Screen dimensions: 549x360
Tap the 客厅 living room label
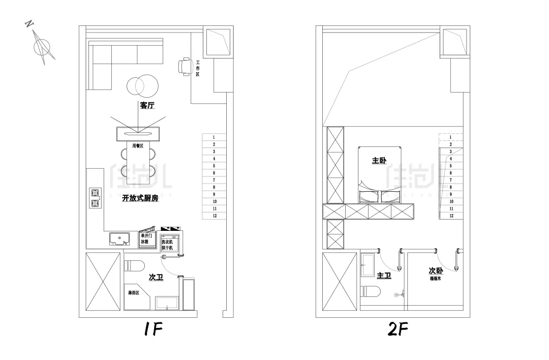[147, 106]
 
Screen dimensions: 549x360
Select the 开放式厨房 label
[140, 199]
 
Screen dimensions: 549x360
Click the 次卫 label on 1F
[156, 277]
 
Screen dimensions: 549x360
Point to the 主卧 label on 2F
[379, 161]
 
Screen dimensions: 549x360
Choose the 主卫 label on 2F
[384, 275]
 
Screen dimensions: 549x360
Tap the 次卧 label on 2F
[436, 271]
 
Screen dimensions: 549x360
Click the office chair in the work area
[185, 67]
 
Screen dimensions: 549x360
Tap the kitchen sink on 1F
[118, 238]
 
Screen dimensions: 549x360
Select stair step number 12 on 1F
[215, 216]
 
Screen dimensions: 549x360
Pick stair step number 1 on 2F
[450, 137]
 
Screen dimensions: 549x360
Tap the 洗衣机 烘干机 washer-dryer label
[167, 245]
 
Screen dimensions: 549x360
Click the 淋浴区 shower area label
[134, 293]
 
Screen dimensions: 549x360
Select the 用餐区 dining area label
[138, 146]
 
